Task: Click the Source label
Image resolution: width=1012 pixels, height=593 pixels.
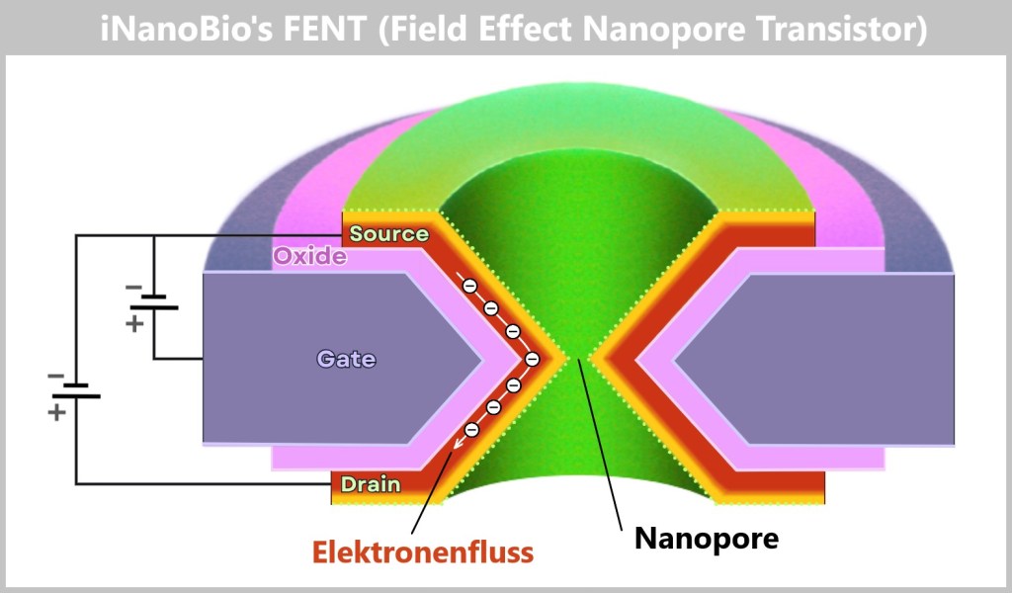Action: click(x=388, y=234)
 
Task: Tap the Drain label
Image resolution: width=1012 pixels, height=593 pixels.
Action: click(x=370, y=484)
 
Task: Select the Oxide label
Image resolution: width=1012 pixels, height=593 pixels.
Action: click(x=309, y=257)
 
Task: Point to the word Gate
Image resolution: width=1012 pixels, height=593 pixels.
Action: click(x=346, y=359)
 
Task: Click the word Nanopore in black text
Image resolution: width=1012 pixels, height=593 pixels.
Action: click(x=706, y=539)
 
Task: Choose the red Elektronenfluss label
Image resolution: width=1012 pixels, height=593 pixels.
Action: click(x=423, y=551)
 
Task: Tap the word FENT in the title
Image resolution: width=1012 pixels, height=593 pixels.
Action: click(x=322, y=29)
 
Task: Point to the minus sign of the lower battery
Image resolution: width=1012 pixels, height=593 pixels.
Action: click(x=55, y=377)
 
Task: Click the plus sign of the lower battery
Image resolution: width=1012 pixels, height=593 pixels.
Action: click(x=56, y=411)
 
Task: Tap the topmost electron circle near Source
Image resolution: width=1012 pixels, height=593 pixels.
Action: click(x=470, y=286)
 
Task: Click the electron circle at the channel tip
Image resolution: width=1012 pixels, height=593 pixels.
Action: click(x=532, y=359)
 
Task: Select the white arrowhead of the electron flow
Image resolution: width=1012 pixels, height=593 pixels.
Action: click(x=457, y=446)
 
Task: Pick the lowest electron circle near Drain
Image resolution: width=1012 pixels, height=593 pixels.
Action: click(x=472, y=429)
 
